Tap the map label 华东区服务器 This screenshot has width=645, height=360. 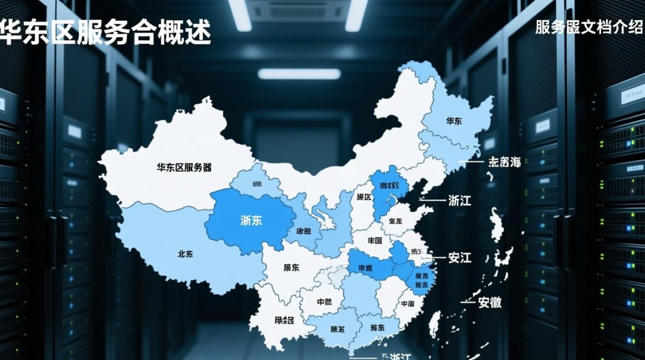pos(184,168)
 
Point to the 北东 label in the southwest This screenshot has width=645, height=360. pos(185,254)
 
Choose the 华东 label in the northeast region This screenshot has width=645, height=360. pos(454,121)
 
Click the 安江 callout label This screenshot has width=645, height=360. pos(460,258)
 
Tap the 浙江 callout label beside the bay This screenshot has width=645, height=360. pos(459,200)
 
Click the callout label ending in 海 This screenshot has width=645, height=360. pos(504,162)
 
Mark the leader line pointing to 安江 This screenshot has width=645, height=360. pos(434,258)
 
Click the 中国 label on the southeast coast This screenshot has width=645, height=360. pos(407,303)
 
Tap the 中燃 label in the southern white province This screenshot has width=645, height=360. pos(324,302)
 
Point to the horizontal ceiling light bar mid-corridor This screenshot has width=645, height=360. pos(299,73)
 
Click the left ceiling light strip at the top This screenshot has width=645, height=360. pos(240,14)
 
